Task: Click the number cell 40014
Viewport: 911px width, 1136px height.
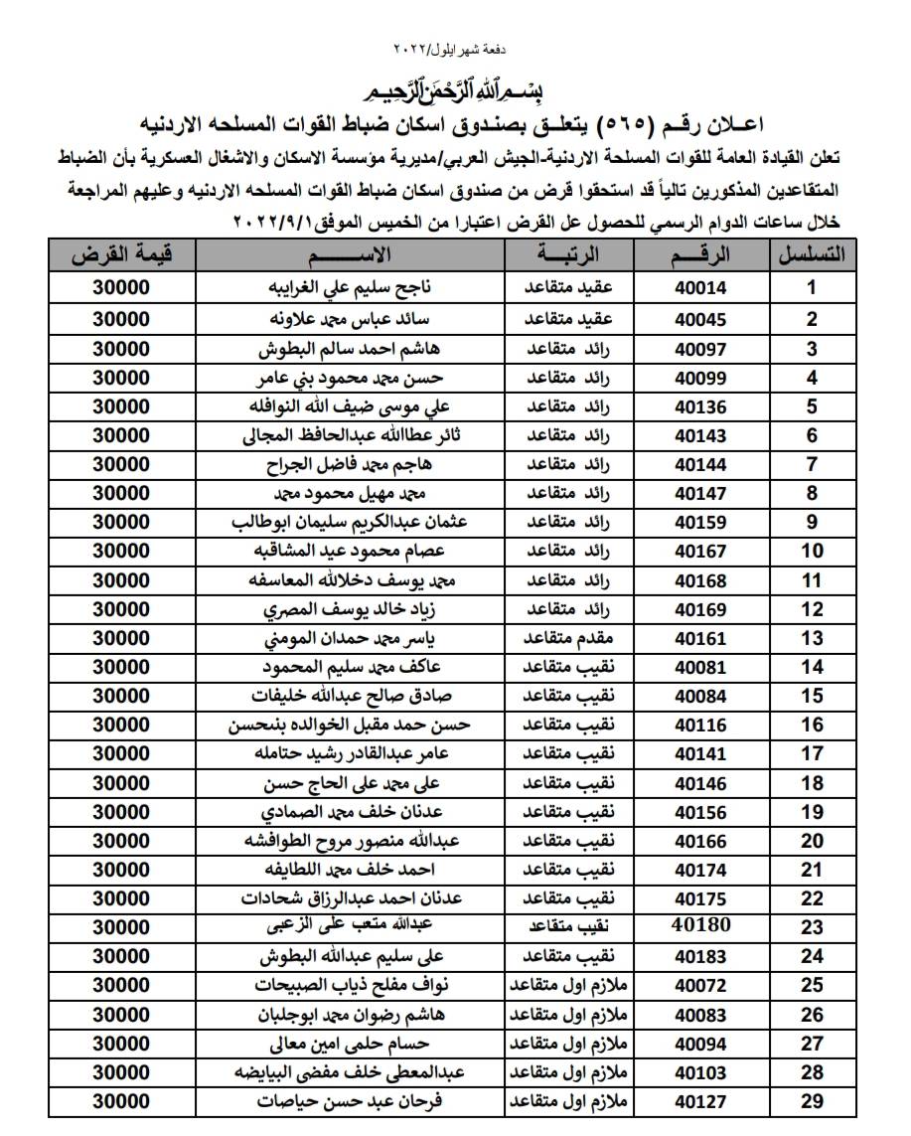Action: (700, 289)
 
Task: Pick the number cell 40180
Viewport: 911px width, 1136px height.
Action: (701, 925)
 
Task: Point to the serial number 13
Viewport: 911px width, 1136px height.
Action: (811, 638)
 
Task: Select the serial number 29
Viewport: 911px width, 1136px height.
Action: (811, 1100)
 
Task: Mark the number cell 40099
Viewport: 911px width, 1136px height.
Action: (700, 378)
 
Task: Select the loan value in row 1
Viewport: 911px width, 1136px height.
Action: (121, 289)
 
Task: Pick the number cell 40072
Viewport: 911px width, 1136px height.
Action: (700, 985)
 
